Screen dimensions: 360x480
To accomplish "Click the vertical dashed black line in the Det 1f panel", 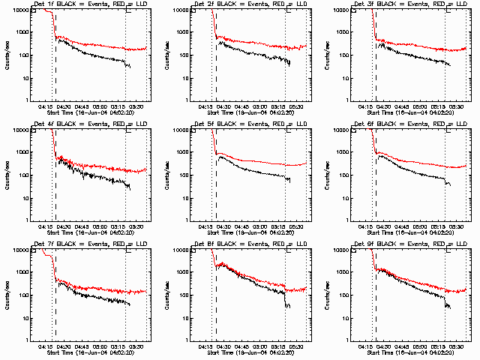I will tap(55, 67).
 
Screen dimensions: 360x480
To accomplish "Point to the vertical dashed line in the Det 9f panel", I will tap(376, 300).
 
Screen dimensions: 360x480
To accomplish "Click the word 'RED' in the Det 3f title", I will tap(435, 4).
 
